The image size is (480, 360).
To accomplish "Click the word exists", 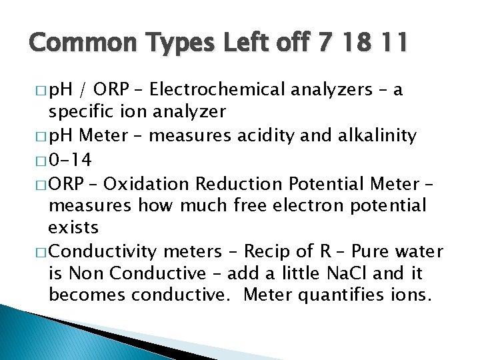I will coord(73,228).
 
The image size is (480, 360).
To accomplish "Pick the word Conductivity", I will coord(103,251).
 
